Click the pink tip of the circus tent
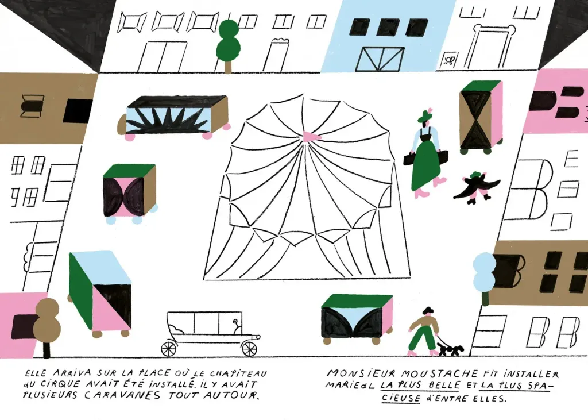click(311, 137)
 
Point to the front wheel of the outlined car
click(250, 348)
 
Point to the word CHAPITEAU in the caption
click(238, 373)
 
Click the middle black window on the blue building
click(388, 28)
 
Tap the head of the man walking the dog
click(427, 311)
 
